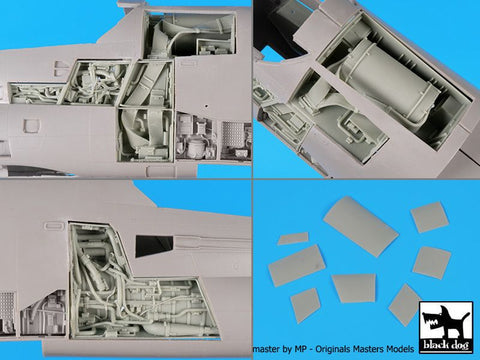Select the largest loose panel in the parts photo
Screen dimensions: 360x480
pyautogui.click(x=360, y=225)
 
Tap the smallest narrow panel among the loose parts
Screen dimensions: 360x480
pyautogui.click(x=293, y=239)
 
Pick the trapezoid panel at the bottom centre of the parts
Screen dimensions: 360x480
pyautogui.click(x=354, y=288)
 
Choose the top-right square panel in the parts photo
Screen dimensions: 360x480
pyautogui.click(x=429, y=216)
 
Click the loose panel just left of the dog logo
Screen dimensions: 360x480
pyautogui.click(x=404, y=304)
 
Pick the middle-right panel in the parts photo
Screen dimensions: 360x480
pyautogui.click(x=432, y=262)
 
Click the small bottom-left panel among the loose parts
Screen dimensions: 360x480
pyautogui.click(x=304, y=304)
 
